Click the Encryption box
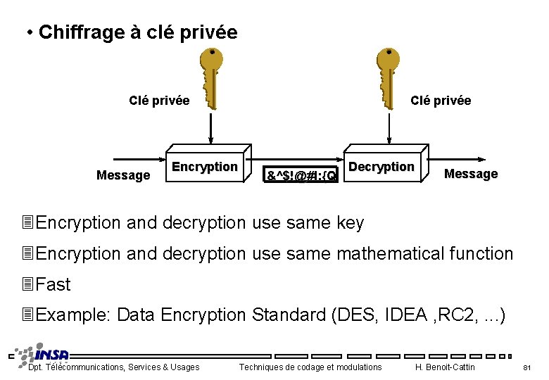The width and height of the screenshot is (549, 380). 206,167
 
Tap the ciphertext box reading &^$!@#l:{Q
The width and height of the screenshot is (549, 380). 301,173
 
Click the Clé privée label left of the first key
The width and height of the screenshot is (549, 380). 159,101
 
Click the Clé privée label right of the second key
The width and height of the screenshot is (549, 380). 441,101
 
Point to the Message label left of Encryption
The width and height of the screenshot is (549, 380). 122,175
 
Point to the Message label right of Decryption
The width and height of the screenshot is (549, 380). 471,174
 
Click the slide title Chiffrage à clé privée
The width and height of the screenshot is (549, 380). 138,32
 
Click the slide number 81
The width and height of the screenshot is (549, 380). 526,367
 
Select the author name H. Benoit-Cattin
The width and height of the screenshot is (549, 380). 445,367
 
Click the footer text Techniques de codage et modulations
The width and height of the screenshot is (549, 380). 310,367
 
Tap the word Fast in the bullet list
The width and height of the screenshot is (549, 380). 53,284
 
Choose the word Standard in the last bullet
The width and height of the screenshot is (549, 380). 288,315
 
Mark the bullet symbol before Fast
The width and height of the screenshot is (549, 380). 28,284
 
